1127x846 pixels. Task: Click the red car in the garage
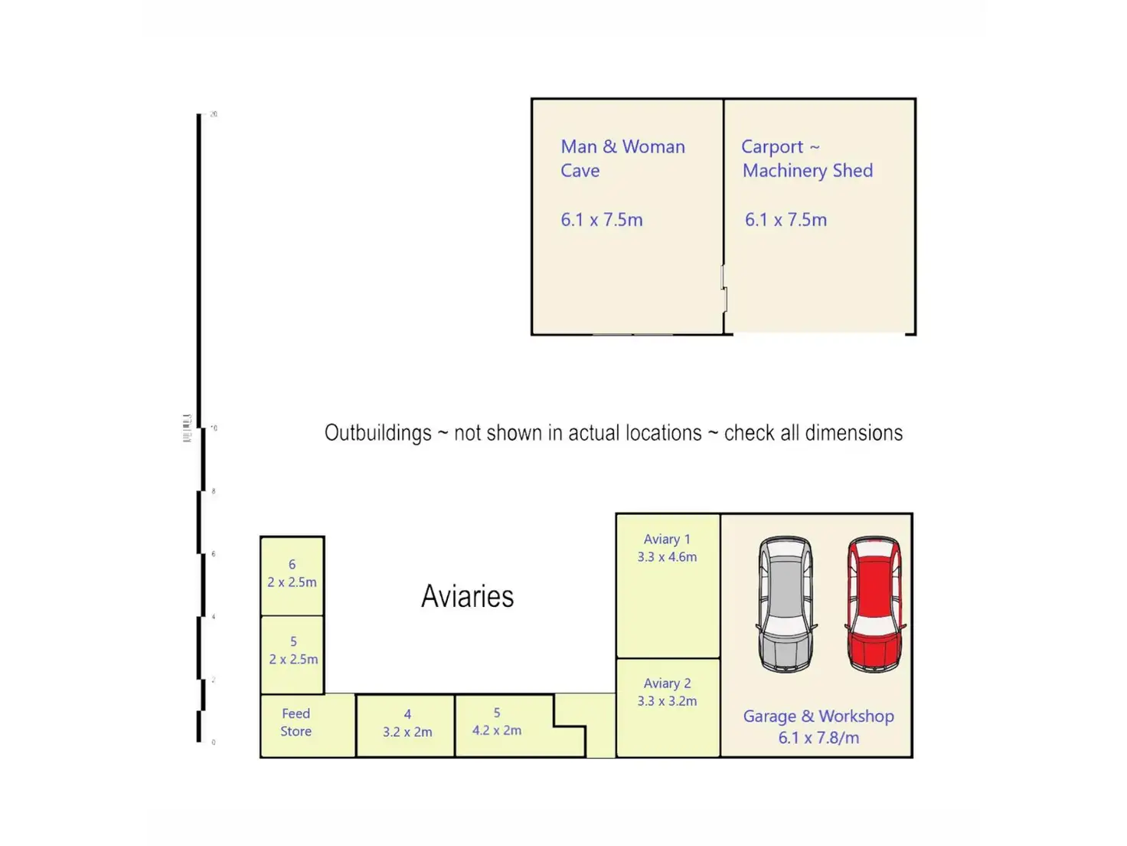[x=875, y=604]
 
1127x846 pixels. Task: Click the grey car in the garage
[x=786, y=604]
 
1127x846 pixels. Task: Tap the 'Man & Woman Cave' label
[x=622, y=159]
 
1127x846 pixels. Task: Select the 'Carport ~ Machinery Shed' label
[x=807, y=159]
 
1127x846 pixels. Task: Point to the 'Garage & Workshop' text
[x=818, y=716]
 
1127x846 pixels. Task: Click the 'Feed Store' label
[x=296, y=723]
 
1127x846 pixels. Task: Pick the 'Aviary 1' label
[x=667, y=539]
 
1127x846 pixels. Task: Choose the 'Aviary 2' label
[x=667, y=684]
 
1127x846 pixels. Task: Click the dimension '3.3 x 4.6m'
[x=667, y=557]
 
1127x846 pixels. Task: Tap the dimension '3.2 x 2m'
[x=407, y=732]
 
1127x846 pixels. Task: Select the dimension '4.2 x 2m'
[x=497, y=730]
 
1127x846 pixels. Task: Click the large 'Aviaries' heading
[x=467, y=596]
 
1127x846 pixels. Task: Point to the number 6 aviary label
[x=292, y=565]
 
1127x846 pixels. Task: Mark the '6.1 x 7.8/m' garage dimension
[x=818, y=738]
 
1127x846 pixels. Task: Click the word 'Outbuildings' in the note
[x=377, y=433]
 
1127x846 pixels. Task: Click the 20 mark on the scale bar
[x=214, y=114]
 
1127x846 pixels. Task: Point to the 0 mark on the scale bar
[x=214, y=742]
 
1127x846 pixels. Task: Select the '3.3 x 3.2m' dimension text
[x=667, y=701]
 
